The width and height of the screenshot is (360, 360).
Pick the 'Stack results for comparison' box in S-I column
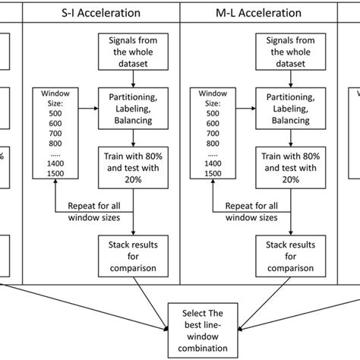134,256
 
